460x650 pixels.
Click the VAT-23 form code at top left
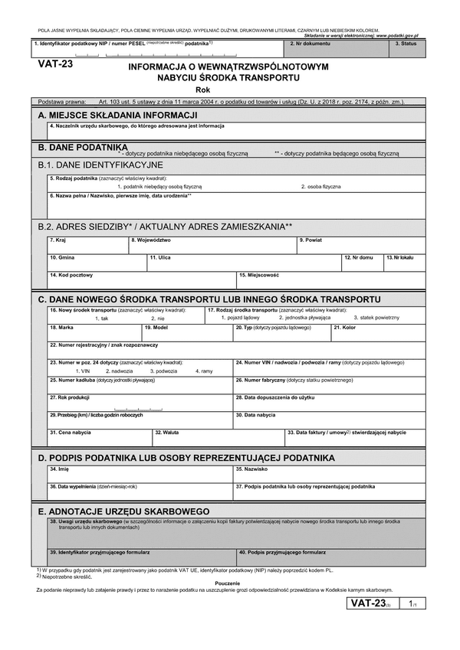coord(55,65)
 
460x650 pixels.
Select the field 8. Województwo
coord(212,246)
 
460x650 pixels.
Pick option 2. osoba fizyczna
coord(320,186)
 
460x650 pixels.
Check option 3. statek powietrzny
coord(379,317)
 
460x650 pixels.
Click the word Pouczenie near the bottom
coord(229,583)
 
